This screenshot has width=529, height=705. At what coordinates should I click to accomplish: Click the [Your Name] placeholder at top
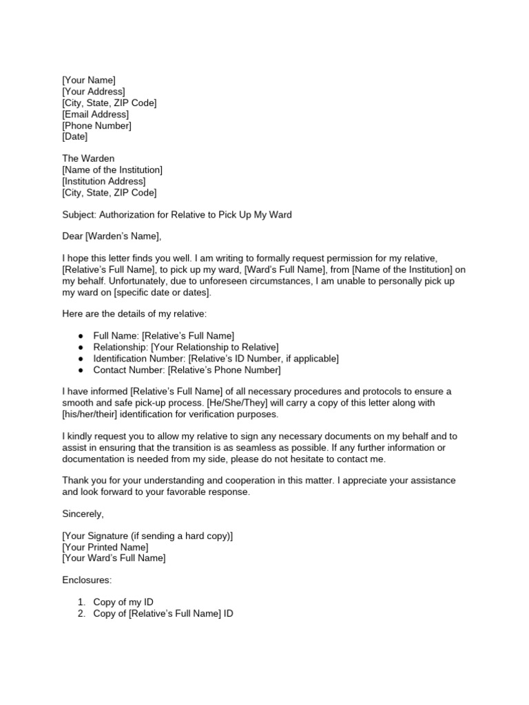coord(89,81)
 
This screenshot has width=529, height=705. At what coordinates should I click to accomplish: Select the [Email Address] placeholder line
coord(95,114)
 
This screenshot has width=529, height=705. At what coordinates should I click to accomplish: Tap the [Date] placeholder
coord(75,137)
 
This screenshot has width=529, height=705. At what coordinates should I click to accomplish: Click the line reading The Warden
coord(88,158)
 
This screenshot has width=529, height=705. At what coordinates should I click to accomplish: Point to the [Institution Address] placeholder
coord(103,181)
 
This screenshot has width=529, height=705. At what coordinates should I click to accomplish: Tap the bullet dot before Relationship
coord(81,347)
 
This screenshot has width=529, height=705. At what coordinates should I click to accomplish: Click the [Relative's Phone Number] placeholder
coord(225,370)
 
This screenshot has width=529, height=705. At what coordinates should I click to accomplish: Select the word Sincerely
coord(83,514)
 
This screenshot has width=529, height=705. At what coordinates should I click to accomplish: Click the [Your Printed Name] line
coord(105,547)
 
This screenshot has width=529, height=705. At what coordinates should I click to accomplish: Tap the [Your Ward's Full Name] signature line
coord(114,558)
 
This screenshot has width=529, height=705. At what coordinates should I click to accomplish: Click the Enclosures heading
coord(87,580)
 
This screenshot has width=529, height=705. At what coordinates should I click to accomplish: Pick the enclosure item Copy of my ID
coord(123,602)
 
